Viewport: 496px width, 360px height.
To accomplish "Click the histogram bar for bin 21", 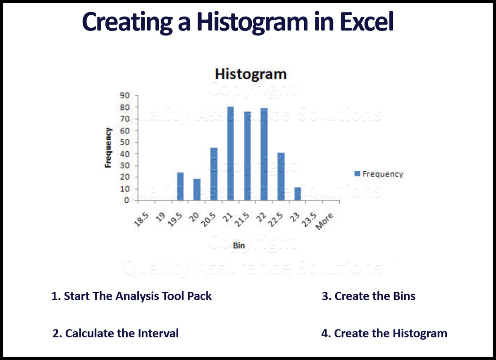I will point(230,154).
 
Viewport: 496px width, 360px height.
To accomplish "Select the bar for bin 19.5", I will point(180,186).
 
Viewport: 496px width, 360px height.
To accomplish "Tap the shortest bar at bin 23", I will point(297,194).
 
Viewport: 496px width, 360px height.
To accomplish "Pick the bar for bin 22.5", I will point(281,176).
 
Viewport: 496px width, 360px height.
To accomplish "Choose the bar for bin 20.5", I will point(214,174).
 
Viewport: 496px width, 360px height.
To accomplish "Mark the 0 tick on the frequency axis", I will point(128,200).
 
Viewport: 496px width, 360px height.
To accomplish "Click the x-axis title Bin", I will point(238,246).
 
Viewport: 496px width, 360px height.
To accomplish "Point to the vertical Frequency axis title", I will point(109,148).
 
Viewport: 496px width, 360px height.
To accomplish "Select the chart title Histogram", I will point(250,74).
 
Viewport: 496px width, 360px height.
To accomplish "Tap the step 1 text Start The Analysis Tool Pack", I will point(131,296).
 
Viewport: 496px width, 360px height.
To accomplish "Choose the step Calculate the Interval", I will point(116,333).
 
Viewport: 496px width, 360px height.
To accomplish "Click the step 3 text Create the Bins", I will point(368,296).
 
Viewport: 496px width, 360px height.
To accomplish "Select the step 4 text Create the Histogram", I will point(384,333).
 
